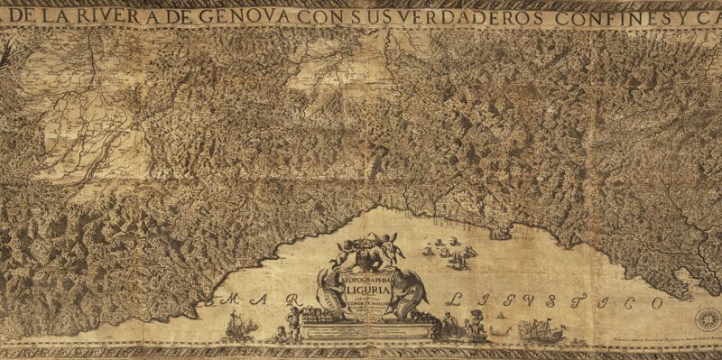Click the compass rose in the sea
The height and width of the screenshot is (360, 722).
tap(708, 318)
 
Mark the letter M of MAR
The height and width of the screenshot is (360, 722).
tap(233, 300)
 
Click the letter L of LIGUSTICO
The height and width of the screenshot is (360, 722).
tap(457, 296)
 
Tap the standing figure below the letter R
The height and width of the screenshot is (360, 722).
tap(292, 323)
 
